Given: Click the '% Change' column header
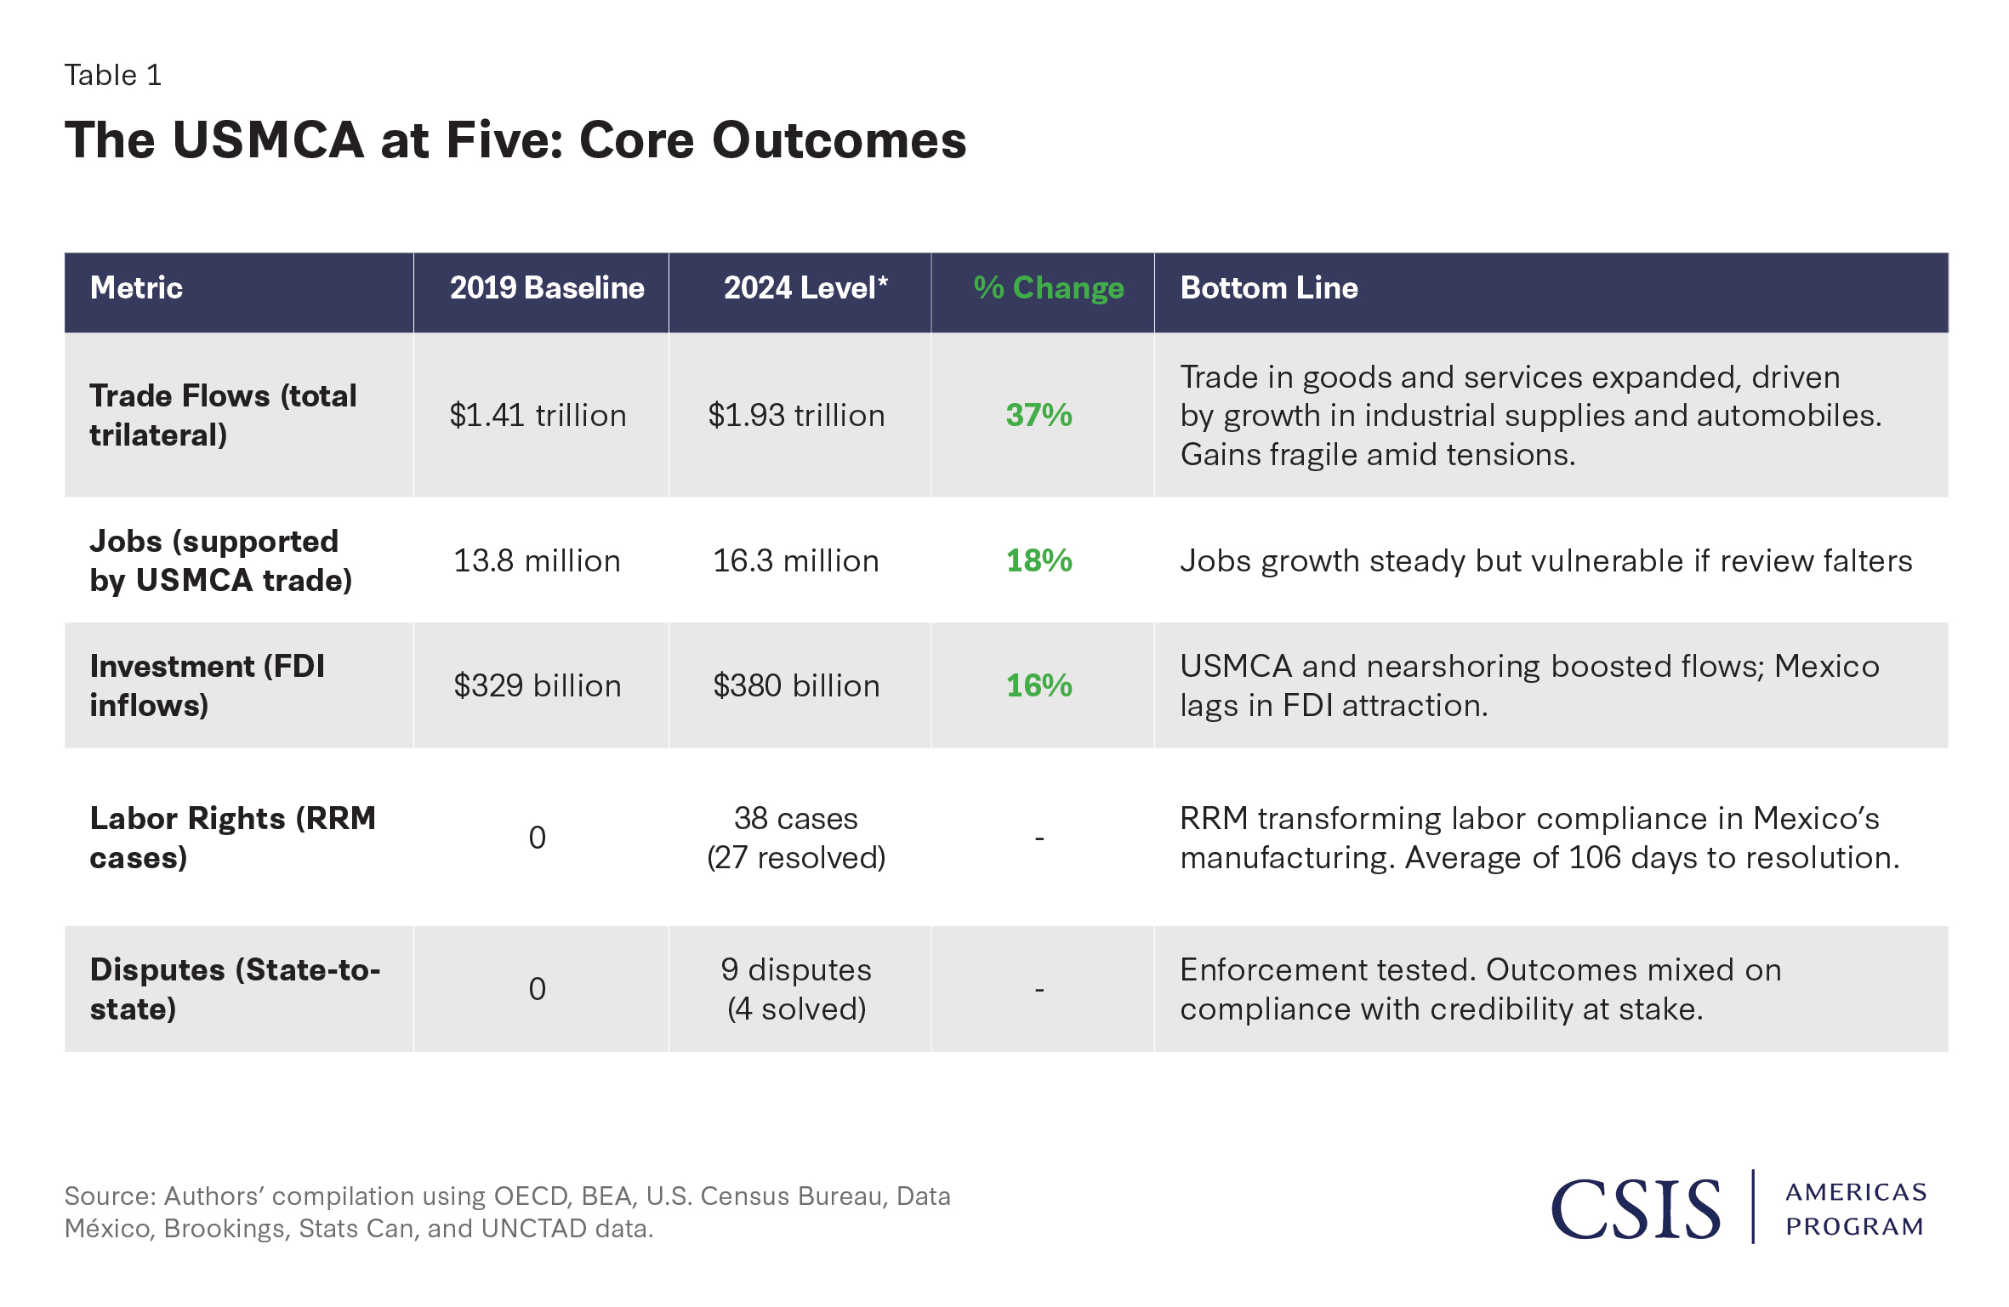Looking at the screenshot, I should click(x=1048, y=288).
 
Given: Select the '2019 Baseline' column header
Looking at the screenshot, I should click(x=547, y=288).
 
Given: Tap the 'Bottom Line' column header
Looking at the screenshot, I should click(x=1268, y=288).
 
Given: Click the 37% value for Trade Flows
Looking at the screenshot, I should click(x=1039, y=415).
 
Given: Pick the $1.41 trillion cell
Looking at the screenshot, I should click(x=538, y=415).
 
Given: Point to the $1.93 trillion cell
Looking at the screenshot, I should click(x=796, y=415).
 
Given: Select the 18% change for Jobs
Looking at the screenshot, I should click(x=1039, y=560).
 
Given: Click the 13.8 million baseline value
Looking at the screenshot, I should click(x=537, y=560).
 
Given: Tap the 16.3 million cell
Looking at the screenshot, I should click(x=795, y=560).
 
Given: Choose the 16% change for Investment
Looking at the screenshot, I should click(x=1039, y=685).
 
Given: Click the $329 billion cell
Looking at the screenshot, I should click(x=538, y=685).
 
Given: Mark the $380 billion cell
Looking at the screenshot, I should click(x=796, y=685).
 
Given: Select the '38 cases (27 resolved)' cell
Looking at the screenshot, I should click(x=796, y=838).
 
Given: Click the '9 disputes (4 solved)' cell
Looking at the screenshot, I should click(x=796, y=989).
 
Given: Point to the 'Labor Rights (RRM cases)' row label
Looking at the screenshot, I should click(x=232, y=838).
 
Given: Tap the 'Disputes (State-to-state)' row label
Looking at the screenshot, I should click(x=235, y=989).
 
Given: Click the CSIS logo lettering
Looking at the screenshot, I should click(x=1635, y=1209).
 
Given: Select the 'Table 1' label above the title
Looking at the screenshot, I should click(x=113, y=76).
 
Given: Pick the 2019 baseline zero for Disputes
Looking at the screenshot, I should click(x=537, y=989).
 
